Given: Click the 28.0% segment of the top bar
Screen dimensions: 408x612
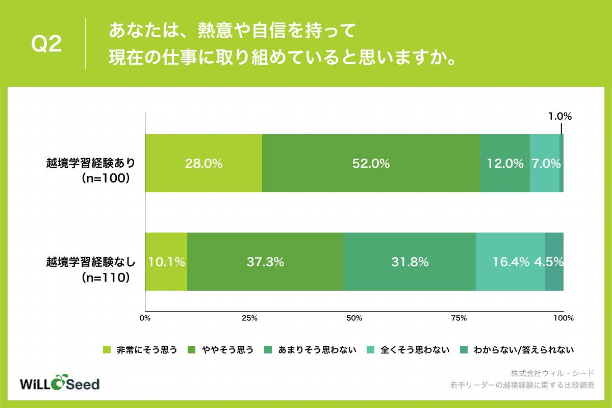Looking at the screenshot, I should tap(203, 164).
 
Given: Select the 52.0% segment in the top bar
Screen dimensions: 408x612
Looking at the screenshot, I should tap(371, 164).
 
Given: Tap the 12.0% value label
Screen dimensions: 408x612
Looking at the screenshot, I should tap(505, 164).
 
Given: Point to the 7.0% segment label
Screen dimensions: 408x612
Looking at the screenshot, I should tap(545, 164).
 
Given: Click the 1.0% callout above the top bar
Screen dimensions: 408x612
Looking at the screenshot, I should tap(560, 116).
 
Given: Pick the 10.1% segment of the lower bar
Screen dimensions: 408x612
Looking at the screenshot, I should tap(166, 262).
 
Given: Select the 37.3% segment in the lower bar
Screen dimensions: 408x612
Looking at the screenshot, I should tap(265, 262).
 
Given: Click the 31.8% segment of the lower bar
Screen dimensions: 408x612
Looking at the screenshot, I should tap(410, 262).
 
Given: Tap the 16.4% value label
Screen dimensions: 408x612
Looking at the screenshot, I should tap(511, 262).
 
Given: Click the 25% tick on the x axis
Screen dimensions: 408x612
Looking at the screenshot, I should tap(249, 318).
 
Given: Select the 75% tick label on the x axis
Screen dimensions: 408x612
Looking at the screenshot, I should tap(459, 318).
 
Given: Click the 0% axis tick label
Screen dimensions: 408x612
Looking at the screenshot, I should tap(145, 318).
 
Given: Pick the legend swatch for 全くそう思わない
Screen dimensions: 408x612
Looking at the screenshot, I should tap(371, 350).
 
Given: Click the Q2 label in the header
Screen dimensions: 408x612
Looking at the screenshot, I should tap(47, 44).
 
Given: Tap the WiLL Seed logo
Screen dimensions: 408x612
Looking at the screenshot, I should tap(59, 384).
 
